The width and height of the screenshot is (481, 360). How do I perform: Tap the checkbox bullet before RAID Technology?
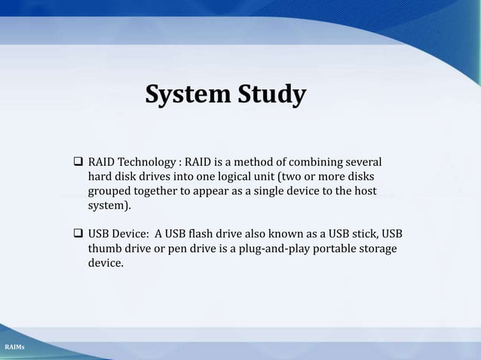coord(78,162)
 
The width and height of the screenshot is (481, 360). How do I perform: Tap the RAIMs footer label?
coord(15,346)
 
